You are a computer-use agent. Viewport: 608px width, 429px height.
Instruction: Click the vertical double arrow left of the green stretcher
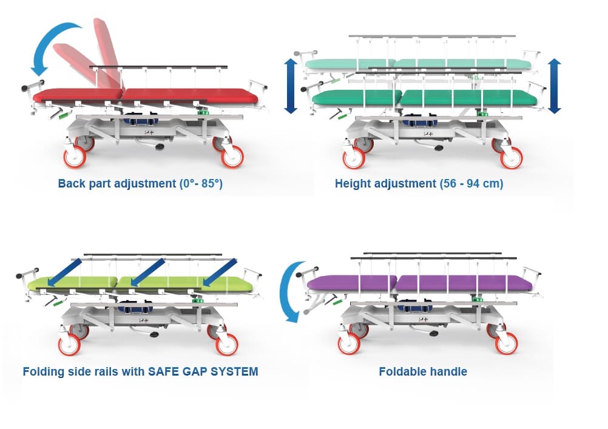(291, 86)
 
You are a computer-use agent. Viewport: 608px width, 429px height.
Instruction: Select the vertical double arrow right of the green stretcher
(554, 86)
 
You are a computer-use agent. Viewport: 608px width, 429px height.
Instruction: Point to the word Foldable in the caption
(404, 371)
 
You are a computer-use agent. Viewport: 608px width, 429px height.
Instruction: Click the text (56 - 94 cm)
(471, 183)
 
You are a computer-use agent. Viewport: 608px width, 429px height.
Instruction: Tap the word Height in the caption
(353, 183)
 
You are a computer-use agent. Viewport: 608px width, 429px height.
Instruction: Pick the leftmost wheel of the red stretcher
(75, 157)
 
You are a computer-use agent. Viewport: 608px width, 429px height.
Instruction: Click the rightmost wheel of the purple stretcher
(507, 343)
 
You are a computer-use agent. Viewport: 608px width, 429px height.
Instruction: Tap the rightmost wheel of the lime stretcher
(227, 344)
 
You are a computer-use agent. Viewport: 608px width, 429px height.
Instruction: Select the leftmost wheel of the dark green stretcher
(354, 158)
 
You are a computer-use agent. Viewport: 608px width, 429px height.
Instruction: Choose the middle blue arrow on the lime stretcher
(147, 272)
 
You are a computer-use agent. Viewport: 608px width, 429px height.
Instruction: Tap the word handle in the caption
(450, 371)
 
